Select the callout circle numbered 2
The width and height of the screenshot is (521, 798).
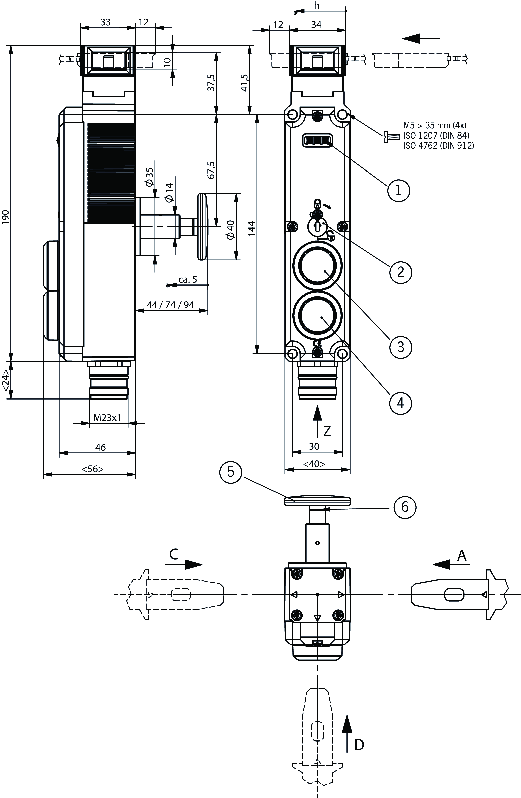click(x=401, y=272)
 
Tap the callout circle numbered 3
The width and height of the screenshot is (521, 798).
click(x=401, y=347)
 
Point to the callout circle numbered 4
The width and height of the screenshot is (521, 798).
click(x=401, y=403)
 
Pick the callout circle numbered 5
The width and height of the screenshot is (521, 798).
click(x=231, y=472)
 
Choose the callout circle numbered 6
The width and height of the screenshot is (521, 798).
click(x=405, y=507)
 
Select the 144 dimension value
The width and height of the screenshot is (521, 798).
click(x=251, y=229)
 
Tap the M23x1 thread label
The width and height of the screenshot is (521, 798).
click(x=107, y=417)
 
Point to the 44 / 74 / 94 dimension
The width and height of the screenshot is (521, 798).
click(x=170, y=304)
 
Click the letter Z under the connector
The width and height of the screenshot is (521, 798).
click(x=327, y=431)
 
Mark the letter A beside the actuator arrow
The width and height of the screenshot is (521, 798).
click(x=462, y=556)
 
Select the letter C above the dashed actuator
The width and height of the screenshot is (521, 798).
click(x=174, y=555)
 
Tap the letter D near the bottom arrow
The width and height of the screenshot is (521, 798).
click(x=359, y=745)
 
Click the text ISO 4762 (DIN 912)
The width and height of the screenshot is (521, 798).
click(x=439, y=146)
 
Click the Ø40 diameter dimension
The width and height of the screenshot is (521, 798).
click(x=231, y=230)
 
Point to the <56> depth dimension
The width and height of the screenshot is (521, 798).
click(x=93, y=469)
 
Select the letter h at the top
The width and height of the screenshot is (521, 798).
click(x=316, y=6)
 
